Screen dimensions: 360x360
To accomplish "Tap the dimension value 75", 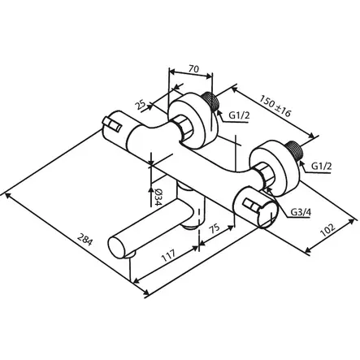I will point(214,230).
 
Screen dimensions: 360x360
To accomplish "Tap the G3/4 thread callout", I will point(301,214).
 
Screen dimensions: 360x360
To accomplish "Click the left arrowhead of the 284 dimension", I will point(7,196).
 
